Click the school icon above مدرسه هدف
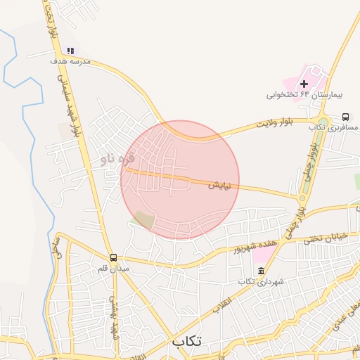(x=70, y=51)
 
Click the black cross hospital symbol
(x=304, y=84)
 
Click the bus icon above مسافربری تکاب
(x=345, y=117)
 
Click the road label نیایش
(x=219, y=186)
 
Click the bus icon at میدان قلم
(x=114, y=257)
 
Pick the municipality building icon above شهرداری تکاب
(x=260, y=271)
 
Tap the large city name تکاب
(x=186, y=341)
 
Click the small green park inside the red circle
(x=145, y=219)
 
